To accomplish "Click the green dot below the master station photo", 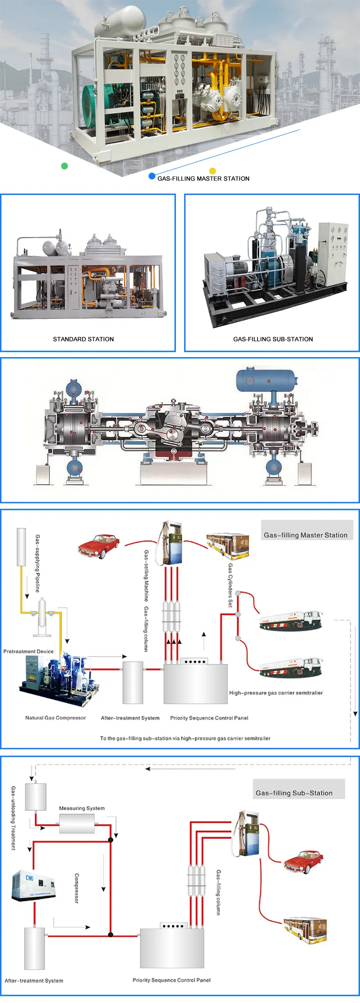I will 64,166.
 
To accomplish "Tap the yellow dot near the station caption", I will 212,171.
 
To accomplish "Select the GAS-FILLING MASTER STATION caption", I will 203,179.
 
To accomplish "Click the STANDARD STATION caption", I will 83,339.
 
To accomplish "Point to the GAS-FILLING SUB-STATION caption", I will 273,339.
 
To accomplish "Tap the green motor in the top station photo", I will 97,103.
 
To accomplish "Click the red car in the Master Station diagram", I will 99,546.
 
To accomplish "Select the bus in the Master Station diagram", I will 228,546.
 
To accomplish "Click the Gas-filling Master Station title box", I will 306,534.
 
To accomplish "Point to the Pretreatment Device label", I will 28,651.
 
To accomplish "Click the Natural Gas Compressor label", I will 56,718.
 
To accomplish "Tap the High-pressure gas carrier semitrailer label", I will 276,693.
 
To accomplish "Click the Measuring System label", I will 82,808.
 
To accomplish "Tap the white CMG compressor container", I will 34,885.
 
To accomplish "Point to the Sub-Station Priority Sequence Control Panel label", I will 171,980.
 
